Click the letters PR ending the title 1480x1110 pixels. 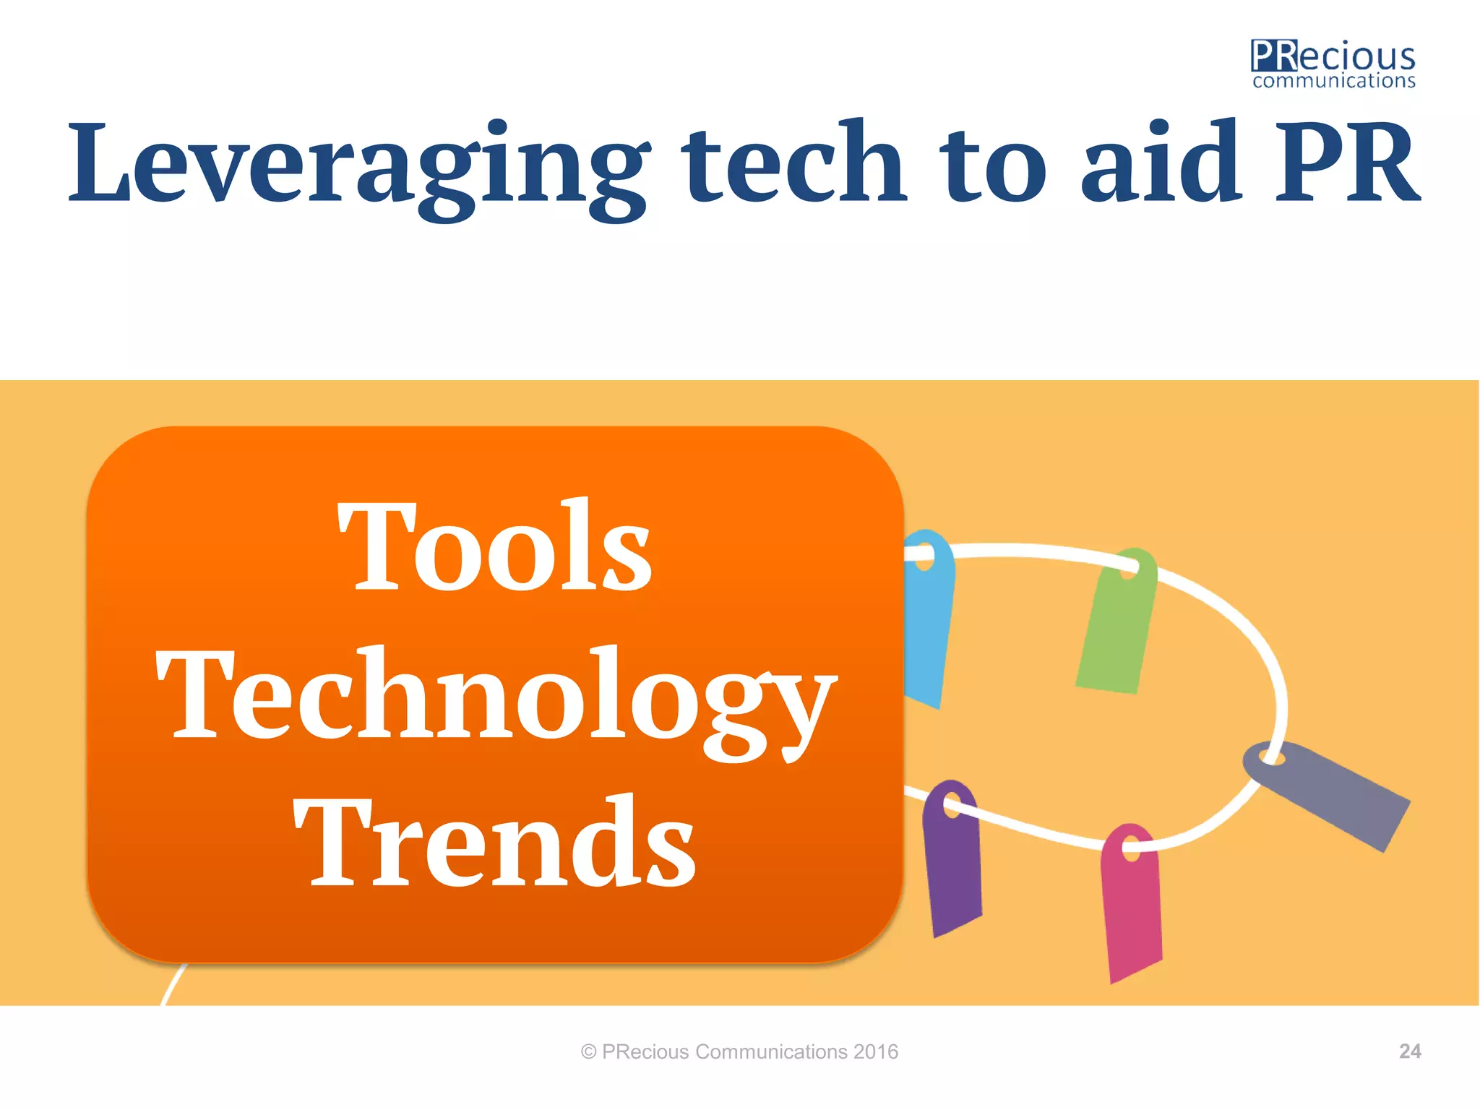pos(1346,163)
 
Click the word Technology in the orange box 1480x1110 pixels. pos(495,697)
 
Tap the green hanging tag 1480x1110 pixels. pos(1114,629)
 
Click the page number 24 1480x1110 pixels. pos(1409,1051)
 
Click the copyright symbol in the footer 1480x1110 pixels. pos(588,1052)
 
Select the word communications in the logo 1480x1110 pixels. pos(1333,81)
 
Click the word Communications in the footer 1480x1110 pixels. pos(770,1051)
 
